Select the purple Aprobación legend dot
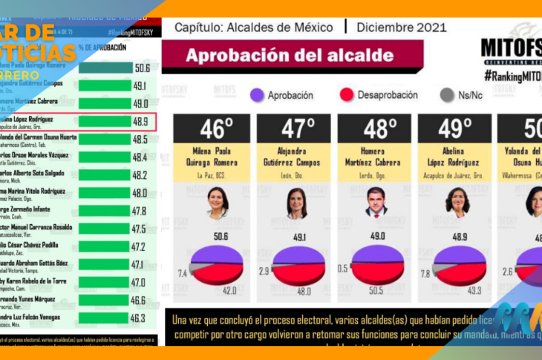coord(258,95)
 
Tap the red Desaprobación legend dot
coord(345,95)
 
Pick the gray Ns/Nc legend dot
coord(446,95)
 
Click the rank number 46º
coord(216,128)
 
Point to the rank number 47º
coord(296,128)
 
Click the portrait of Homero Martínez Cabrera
coord(376,201)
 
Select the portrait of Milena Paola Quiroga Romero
coord(217,202)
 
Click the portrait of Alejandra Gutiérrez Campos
coord(297,202)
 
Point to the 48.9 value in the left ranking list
coord(140,121)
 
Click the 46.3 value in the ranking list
coord(138,318)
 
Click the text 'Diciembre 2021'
coord(401,27)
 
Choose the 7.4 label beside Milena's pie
coord(183,273)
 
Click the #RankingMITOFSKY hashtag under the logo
coord(512,76)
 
